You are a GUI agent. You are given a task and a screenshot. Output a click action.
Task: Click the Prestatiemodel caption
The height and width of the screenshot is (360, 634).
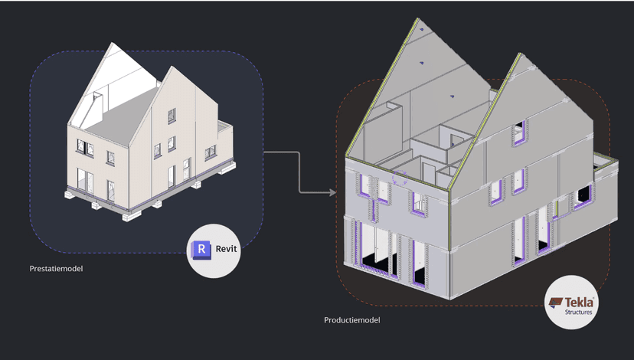(x=56, y=269)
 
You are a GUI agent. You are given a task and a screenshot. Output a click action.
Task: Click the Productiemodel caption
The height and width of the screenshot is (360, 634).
(x=352, y=320)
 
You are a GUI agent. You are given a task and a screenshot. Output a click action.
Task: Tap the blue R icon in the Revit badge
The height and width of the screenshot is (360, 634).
(x=201, y=250)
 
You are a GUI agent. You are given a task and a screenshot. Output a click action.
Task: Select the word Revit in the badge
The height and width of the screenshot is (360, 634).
(x=226, y=249)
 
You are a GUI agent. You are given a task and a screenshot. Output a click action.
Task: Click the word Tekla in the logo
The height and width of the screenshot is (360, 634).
(x=580, y=302)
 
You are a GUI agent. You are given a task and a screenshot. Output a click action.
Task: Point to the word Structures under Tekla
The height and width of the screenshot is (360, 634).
(x=578, y=313)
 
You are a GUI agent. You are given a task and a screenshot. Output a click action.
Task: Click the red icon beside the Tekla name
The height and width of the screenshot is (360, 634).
(x=556, y=303)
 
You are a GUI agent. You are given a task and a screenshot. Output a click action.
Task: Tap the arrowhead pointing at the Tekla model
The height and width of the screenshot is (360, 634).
(x=333, y=192)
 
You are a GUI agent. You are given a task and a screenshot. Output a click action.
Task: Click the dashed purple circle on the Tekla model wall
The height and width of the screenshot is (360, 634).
(x=400, y=178)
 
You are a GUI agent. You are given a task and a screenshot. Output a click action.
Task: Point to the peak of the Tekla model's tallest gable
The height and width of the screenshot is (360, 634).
(x=418, y=18)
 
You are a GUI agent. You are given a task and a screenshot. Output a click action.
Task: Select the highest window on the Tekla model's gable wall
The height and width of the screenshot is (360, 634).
(x=519, y=132)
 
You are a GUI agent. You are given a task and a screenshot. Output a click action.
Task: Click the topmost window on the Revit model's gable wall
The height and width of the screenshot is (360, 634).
(x=172, y=116)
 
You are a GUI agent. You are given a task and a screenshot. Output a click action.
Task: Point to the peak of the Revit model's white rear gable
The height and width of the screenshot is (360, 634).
(x=111, y=43)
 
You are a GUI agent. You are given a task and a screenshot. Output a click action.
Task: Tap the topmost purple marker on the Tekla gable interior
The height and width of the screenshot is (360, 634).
(x=421, y=29)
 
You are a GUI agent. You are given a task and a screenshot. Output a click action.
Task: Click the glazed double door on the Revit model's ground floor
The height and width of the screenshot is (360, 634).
(x=85, y=181)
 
